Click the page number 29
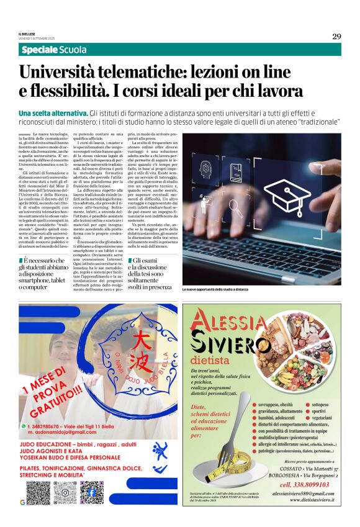tap(336, 36)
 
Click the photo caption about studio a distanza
tap(215, 290)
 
